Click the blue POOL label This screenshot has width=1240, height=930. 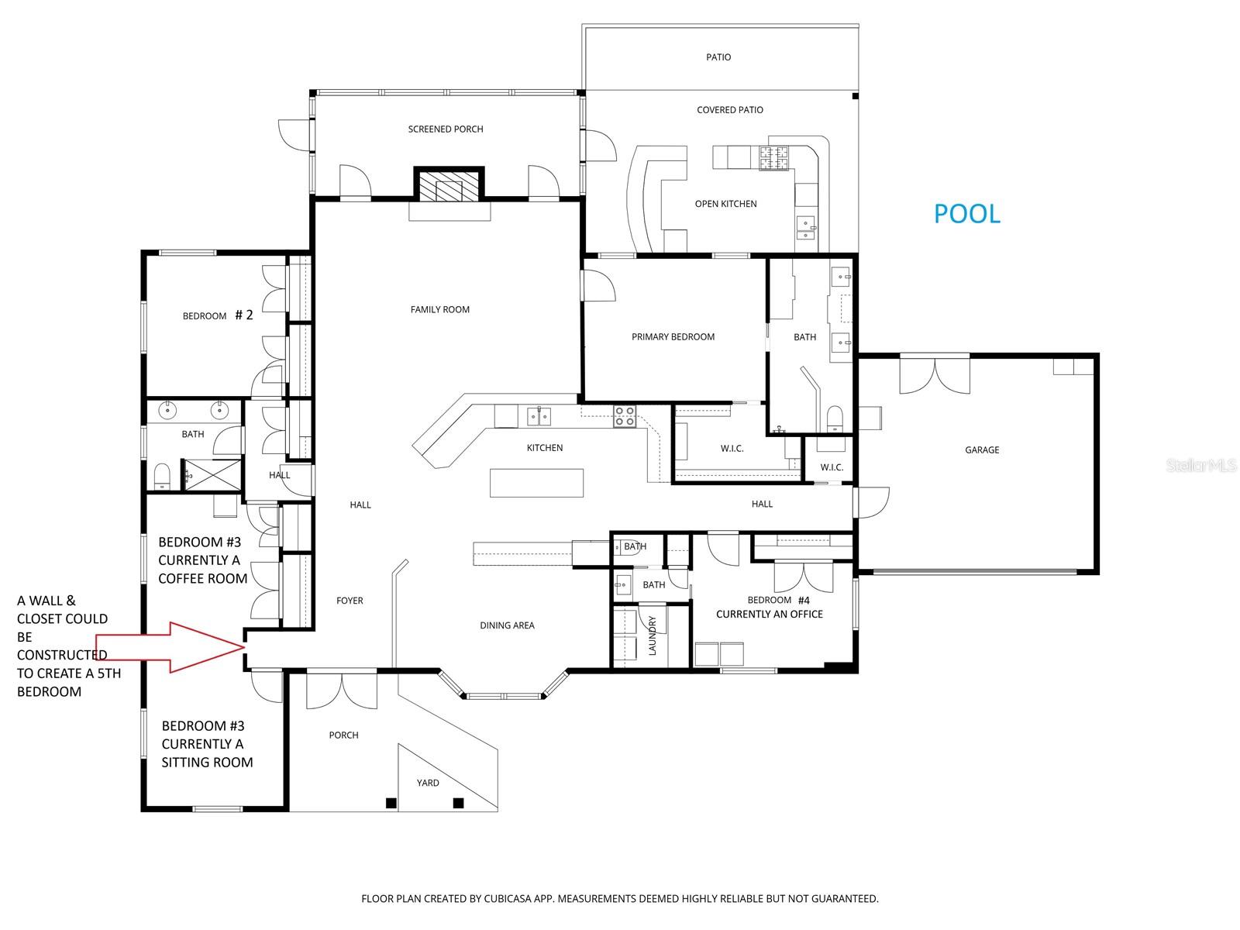click(x=966, y=213)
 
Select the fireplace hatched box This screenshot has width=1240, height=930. click(x=449, y=186)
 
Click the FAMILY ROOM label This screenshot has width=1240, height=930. click(x=440, y=309)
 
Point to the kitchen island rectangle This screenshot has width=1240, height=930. click(x=536, y=483)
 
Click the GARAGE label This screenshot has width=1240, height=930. click(x=982, y=449)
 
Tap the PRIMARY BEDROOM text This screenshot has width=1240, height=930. click(x=673, y=336)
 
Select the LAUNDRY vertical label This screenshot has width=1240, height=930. click(x=652, y=635)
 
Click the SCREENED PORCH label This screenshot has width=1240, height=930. click(x=446, y=129)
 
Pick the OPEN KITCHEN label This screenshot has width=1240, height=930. click(x=725, y=204)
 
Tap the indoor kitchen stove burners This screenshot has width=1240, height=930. click(x=625, y=416)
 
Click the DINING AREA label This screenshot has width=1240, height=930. click(x=507, y=625)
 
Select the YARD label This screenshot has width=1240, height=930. click(x=428, y=783)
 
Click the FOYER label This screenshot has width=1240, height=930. click(x=350, y=601)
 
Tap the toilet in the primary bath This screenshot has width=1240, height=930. click(x=835, y=419)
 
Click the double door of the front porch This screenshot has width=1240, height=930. click(x=342, y=690)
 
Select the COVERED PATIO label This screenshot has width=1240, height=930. click(x=729, y=110)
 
